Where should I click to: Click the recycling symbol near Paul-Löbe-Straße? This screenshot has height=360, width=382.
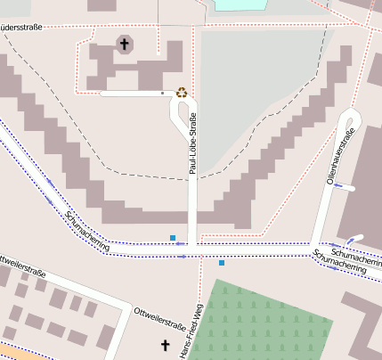pos(182,92)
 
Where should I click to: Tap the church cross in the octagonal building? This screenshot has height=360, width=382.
pos(124,44)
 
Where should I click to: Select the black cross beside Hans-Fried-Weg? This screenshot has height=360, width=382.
pos(164,345)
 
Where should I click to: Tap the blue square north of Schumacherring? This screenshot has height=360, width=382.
pos(173,238)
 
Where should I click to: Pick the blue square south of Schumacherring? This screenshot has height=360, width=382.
pos(221,263)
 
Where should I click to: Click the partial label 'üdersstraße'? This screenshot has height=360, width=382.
pos(28,26)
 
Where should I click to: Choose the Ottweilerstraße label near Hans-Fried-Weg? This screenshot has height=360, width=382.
pos(159,314)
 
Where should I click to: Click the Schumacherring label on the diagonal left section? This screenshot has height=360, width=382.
pos(87,231)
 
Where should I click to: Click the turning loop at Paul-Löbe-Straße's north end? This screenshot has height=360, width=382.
pos(183,110)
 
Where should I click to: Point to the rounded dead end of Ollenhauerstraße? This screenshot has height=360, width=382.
pos(350,117)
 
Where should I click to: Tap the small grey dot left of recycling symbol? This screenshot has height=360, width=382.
pos(162,92)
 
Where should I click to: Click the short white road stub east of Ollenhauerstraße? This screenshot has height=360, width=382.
pos(355,239)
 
